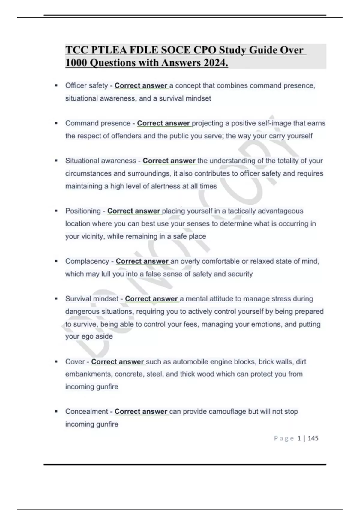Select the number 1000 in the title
pyautogui.click(x=76, y=63)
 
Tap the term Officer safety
pyautogui.click(x=86, y=86)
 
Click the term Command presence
pyautogui.click(x=98, y=123)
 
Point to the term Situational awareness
pyautogui.click(x=100, y=161)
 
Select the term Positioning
pyautogui.click(x=83, y=211)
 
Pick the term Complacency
pyautogui.click(x=87, y=261)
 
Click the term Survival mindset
pyautogui.click(x=92, y=299)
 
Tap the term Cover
pyautogui.click(x=75, y=362)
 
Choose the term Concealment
pyautogui.click(x=86, y=412)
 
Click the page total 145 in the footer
pyautogui.click(x=313, y=438)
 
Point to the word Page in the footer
pyautogui.click(x=284, y=438)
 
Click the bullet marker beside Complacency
pyautogui.click(x=56, y=261)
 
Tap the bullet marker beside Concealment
pyautogui.click(x=56, y=412)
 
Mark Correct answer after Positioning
pyautogui.click(x=133, y=211)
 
